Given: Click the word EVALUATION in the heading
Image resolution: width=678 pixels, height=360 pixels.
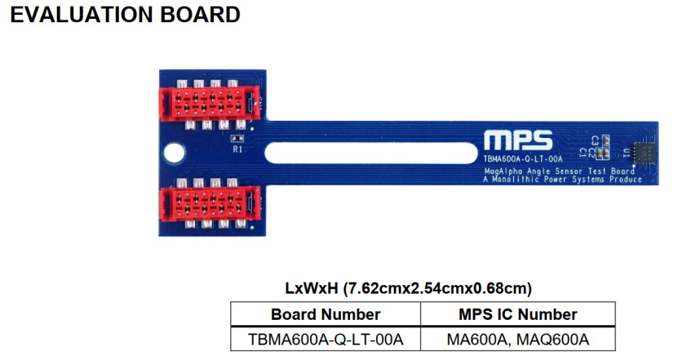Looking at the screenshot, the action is pos(82,15).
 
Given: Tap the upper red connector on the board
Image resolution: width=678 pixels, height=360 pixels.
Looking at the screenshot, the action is pos(210,103).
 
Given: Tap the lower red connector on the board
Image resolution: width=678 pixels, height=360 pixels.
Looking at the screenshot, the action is pos(210,204).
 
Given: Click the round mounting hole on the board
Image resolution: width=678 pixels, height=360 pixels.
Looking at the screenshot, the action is pos(175,153).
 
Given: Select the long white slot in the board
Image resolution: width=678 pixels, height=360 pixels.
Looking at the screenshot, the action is pos(370,153).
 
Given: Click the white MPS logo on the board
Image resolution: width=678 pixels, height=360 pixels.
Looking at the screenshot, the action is pos(518,140).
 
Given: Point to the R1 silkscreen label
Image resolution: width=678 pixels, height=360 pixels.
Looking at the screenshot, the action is pos(237,149).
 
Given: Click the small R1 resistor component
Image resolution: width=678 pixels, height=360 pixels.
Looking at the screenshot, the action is pos(237,139).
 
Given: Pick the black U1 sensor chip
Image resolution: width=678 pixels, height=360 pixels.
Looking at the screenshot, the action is pos(644,153).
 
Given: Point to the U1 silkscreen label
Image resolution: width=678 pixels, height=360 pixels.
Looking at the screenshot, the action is pos(626,153).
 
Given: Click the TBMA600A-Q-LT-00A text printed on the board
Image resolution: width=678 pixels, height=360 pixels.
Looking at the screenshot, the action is pos(523,159).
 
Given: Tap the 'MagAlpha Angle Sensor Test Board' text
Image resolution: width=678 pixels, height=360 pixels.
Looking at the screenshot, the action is pos(560,171).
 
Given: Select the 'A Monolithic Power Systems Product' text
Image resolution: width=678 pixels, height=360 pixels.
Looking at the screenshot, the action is pos(562,179).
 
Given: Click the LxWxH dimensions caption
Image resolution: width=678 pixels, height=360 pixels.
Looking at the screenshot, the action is pos(408,288).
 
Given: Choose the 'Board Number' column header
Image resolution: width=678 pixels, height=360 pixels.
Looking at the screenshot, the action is pos(326,314).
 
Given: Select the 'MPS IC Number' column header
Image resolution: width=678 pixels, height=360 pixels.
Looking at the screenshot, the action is pos(518,314).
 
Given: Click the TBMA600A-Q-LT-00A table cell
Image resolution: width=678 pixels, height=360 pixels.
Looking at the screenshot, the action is pos(326,340).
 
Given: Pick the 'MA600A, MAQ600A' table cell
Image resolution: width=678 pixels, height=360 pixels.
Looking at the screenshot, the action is pos(518,340).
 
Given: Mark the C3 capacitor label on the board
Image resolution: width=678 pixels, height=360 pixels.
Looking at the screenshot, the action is pos(595,140).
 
